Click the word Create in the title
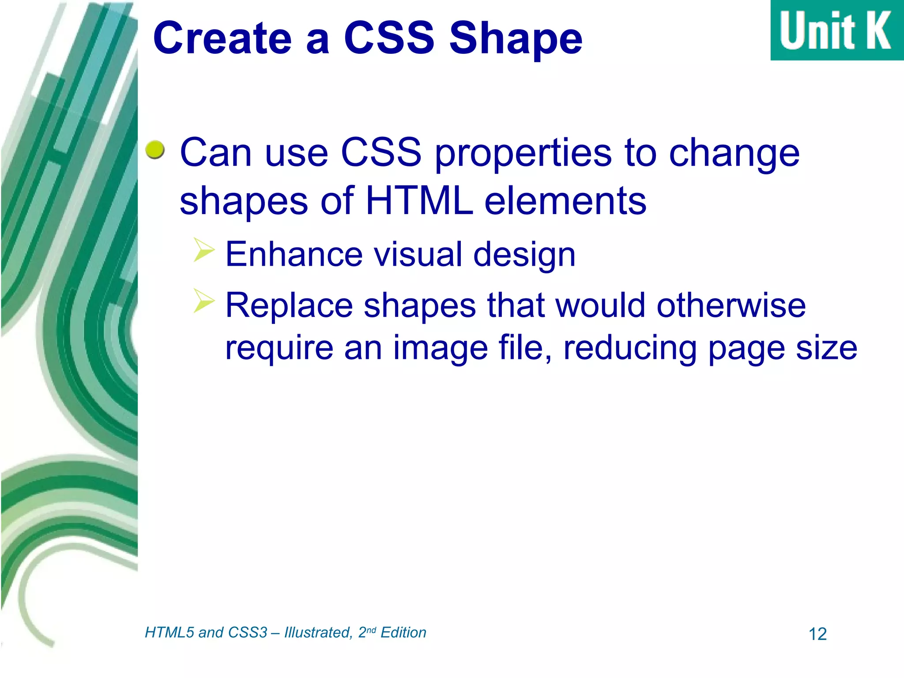[x=222, y=39]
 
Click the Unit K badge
[x=836, y=30]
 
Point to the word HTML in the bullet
[x=419, y=201]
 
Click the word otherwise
[x=731, y=305]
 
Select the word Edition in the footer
[x=403, y=633]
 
